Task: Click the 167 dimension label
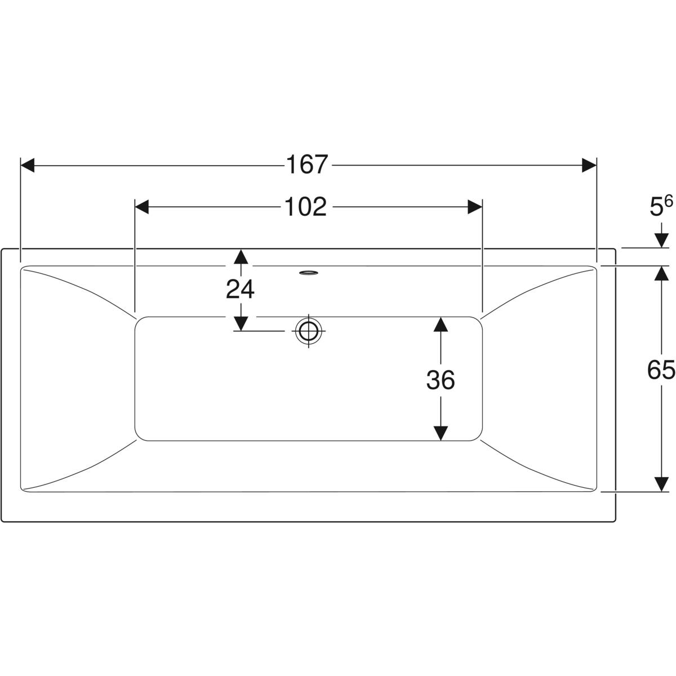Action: point(307,164)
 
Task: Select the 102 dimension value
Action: point(305,207)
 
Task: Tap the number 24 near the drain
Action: point(241,289)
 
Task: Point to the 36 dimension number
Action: point(441,380)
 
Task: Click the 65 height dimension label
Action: point(661,370)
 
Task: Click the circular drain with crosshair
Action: point(309,331)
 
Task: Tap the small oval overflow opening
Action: point(309,273)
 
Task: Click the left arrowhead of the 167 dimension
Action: point(28,165)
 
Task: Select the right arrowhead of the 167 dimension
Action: point(589,165)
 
